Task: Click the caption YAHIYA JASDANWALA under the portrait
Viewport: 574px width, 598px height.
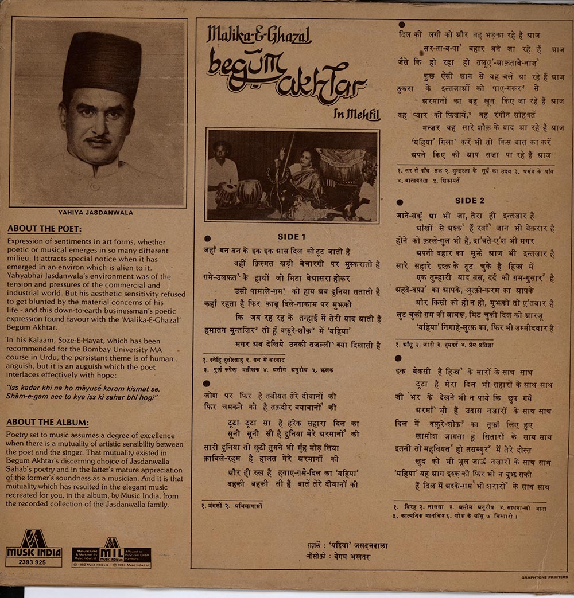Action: (x=95, y=213)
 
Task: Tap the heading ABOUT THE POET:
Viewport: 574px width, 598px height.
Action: (x=44, y=229)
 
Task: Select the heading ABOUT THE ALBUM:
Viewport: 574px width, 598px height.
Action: (x=47, y=423)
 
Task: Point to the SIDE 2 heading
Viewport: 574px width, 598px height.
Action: (x=470, y=201)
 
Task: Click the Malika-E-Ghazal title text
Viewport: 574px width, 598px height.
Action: (x=259, y=36)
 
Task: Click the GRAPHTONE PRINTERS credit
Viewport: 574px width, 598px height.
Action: (x=544, y=577)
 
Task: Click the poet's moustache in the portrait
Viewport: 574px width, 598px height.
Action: (x=98, y=139)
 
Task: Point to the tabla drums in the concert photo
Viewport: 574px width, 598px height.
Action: (x=238, y=193)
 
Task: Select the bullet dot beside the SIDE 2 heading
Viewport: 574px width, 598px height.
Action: (x=400, y=202)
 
